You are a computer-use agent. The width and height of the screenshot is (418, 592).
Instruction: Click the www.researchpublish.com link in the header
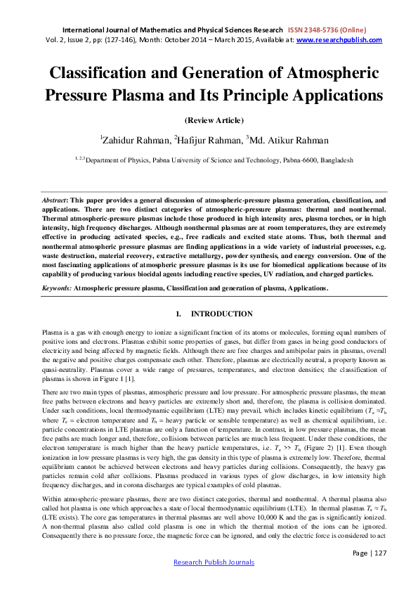pyautogui.click(x=339, y=40)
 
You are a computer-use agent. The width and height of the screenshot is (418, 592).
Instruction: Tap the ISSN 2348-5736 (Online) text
pyautogui.click(x=325, y=30)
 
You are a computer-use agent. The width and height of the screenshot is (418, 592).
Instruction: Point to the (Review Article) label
pyautogui.click(x=209, y=120)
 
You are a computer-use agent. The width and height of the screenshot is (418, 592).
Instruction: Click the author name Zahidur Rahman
pyautogui.click(x=133, y=140)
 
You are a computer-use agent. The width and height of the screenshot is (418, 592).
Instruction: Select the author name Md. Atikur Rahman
pyautogui.click(x=282, y=140)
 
